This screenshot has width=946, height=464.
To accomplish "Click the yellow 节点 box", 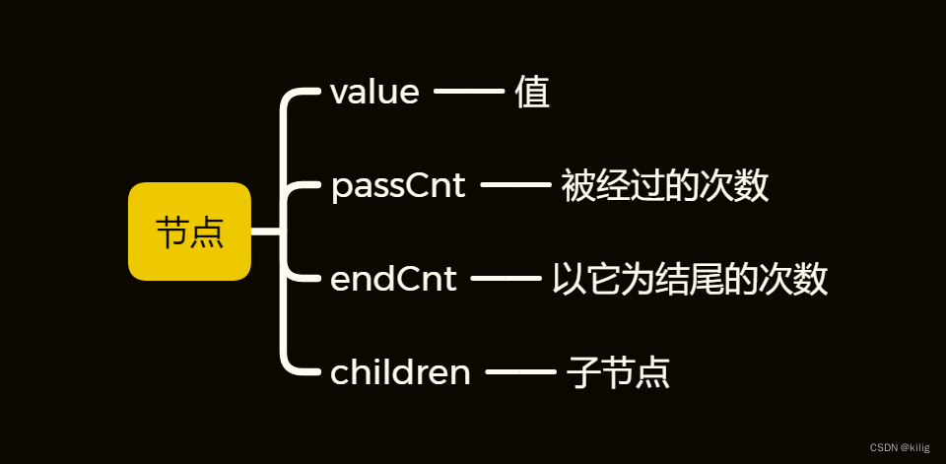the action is pyautogui.click(x=190, y=232).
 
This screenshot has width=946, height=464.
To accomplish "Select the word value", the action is pyautogui.click(x=374, y=93).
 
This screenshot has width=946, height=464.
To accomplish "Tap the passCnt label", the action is pyautogui.click(x=398, y=185).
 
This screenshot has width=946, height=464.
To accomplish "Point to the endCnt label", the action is pyautogui.click(x=393, y=279).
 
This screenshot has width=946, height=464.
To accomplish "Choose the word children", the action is pyautogui.click(x=400, y=372).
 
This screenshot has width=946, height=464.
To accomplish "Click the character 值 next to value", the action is pyautogui.click(x=532, y=93).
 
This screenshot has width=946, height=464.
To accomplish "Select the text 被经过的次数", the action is pyautogui.click(x=665, y=185).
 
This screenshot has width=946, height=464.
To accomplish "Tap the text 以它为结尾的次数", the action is pyautogui.click(x=689, y=279).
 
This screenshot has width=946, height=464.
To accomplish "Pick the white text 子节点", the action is pyautogui.click(x=619, y=372).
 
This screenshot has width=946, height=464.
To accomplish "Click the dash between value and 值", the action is pyautogui.click(x=468, y=93).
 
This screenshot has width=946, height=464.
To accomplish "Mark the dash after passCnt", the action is pyautogui.click(x=515, y=185).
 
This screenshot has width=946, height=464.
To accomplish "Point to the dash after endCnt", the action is pyautogui.click(x=507, y=279).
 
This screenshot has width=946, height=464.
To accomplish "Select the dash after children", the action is pyautogui.click(x=521, y=372).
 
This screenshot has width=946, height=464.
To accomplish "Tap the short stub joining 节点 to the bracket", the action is pyautogui.click(x=266, y=232).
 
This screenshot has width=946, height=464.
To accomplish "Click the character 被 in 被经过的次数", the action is pyautogui.click(x=578, y=185).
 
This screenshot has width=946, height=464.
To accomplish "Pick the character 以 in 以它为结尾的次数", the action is pyautogui.click(x=569, y=279).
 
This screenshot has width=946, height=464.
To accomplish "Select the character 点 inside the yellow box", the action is pyautogui.click(x=207, y=232).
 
